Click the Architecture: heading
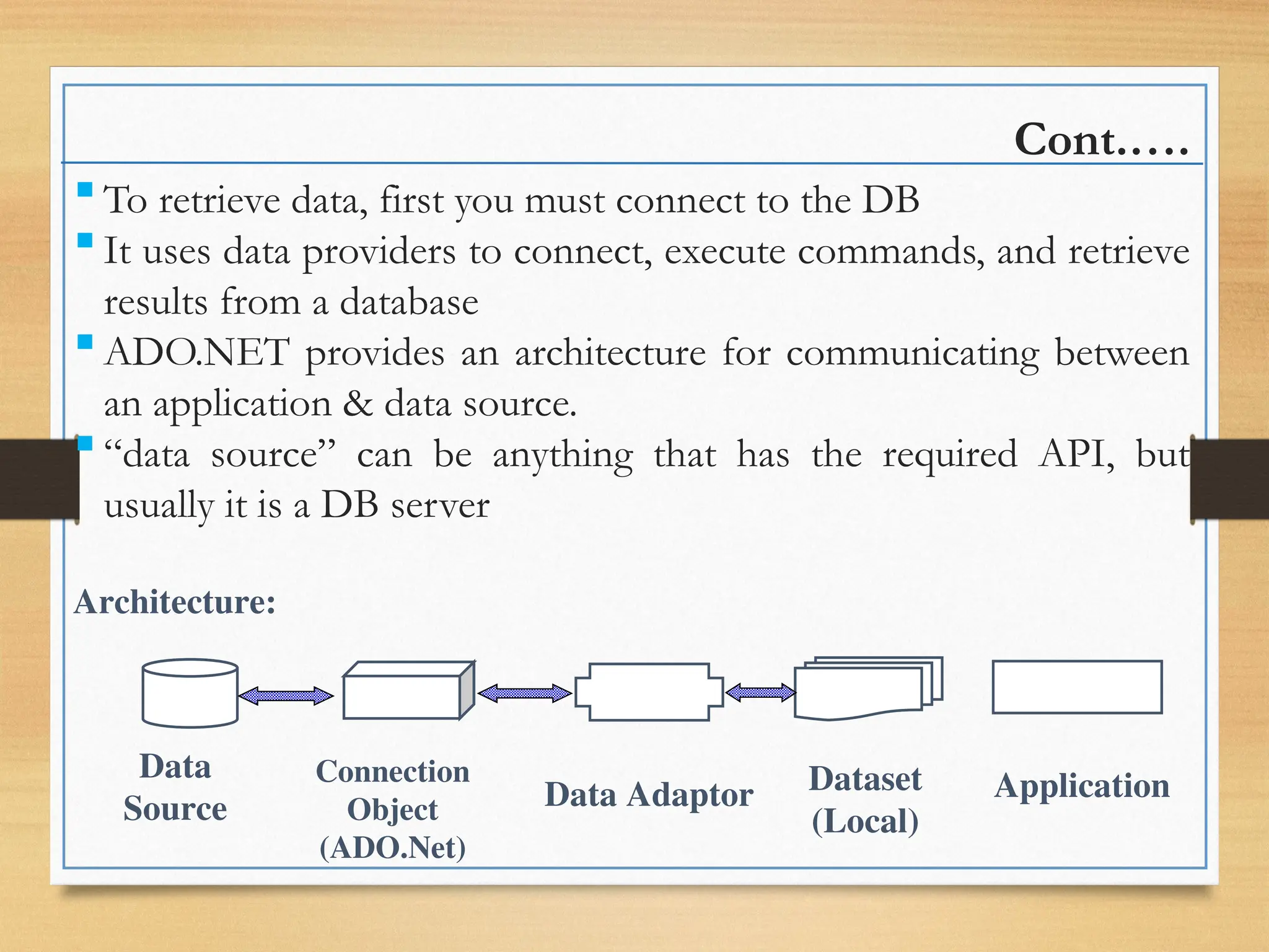[175, 602]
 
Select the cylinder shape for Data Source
[190, 694]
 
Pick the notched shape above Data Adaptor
[649, 692]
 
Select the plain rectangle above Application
[1077, 687]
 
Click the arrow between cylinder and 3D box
[286, 696]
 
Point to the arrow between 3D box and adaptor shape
[524, 694]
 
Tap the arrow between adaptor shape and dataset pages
[760, 692]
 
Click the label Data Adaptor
[648, 795]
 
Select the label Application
[1081, 786]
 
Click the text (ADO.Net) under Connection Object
[392, 848]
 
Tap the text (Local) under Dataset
[865, 822]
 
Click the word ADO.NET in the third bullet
[196, 353]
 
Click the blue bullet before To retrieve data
[86, 189]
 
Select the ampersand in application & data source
[358, 404]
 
